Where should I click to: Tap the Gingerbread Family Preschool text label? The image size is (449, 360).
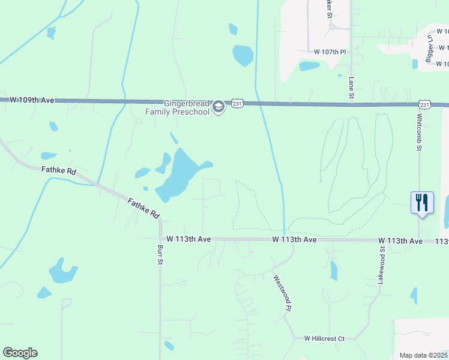[x=178, y=107]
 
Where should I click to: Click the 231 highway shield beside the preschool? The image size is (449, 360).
[x=238, y=103]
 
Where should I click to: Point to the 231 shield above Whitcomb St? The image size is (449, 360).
[x=425, y=104]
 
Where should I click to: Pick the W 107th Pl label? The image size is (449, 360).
[x=327, y=52]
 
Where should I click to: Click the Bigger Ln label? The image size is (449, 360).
[x=429, y=46]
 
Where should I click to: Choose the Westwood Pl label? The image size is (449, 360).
[x=282, y=293]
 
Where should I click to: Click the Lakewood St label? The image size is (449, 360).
[x=382, y=264]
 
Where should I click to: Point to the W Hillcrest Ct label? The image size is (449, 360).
[x=324, y=339]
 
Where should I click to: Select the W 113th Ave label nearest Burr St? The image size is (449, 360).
[x=188, y=239]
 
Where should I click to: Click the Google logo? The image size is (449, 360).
[x=20, y=353]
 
